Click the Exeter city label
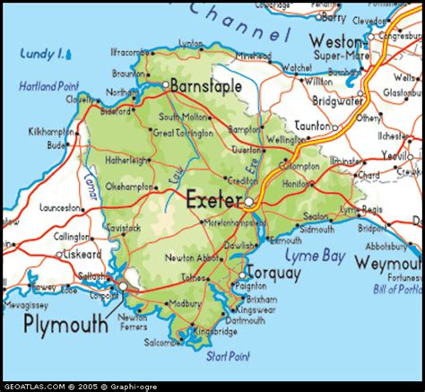pos(212,199)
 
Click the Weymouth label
pos(387,262)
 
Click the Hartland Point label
pos(49,86)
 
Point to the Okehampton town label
pos(131,187)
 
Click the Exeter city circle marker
pos(247,203)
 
